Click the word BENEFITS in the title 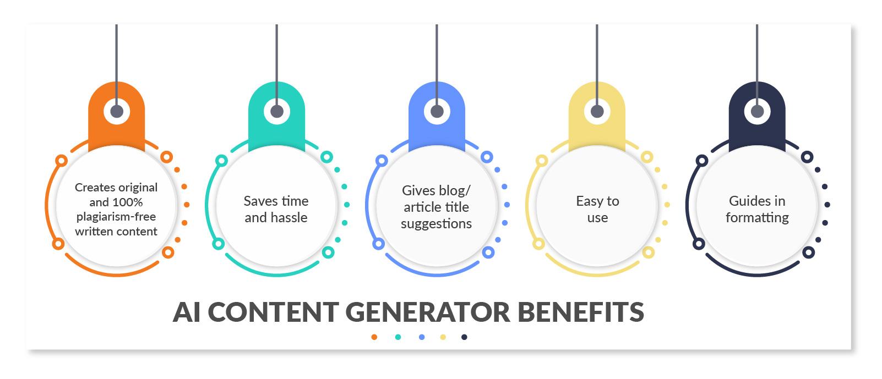coord(581,312)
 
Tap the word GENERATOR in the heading coord(428,312)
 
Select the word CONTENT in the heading coord(273,312)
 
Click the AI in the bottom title coord(186,312)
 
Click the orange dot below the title coord(374,337)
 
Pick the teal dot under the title coord(398,337)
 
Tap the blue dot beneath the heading coord(422,337)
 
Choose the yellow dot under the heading coord(443,337)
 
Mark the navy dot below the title coord(464,337)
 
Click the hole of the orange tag coord(117,112)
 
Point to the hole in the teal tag coord(277,112)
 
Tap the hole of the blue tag coord(437,112)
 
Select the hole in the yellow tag coord(597,112)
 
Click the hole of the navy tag coord(757,112)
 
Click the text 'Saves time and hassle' coord(276,209)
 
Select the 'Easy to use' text coord(597,209)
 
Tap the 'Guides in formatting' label coord(757,209)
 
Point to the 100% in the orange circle coord(128,202)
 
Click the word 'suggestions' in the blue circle coord(436,224)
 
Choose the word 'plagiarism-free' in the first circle coord(116,217)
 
